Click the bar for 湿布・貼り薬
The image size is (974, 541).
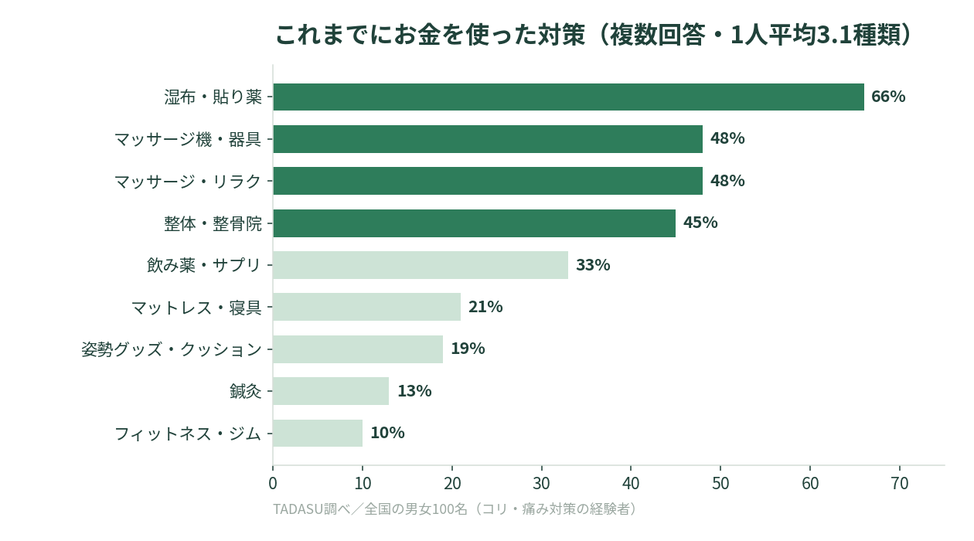[x=568, y=97]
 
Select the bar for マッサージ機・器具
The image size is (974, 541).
[x=488, y=139]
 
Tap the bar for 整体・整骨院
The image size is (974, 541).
[x=475, y=223]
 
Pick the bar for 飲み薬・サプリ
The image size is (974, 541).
[x=421, y=265]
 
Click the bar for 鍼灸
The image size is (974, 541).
[x=331, y=391]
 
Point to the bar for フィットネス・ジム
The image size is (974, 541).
[x=318, y=433]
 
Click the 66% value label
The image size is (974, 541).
[x=888, y=97]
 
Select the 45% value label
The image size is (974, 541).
[x=700, y=223]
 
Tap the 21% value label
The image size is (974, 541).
[x=485, y=307]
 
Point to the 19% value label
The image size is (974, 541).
[x=468, y=349]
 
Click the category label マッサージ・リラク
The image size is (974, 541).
[x=188, y=182]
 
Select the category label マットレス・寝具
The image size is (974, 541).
[x=196, y=308]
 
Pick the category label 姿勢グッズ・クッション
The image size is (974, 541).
[x=172, y=349]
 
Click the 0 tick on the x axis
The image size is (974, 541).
[x=273, y=484]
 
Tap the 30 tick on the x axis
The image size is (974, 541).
[x=541, y=484]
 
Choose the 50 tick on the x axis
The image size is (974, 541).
[x=720, y=484]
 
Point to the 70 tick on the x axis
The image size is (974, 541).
[x=900, y=484]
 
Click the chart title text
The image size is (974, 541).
[x=594, y=35]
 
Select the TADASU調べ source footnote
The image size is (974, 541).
[x=455, y=509]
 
